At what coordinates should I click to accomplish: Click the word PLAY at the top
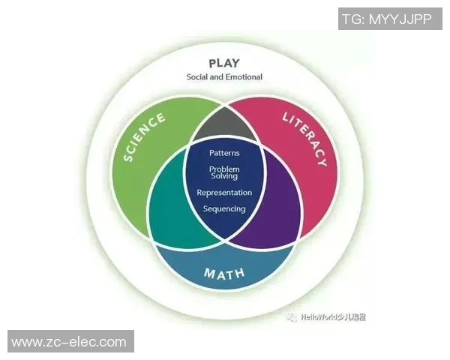click(224, 63)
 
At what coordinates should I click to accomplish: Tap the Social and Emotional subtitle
click(224, 76)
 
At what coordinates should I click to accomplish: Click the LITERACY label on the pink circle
click(304, 138)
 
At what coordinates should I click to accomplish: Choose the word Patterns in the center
click(224, 153)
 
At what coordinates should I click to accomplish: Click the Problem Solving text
click(224, 172)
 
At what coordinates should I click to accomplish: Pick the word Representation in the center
click(224, 193)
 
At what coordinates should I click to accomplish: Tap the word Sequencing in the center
click(224, 208)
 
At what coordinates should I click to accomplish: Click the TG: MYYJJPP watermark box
click(385, 19)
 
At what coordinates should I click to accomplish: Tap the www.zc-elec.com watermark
click(69, 342)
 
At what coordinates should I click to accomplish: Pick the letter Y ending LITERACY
click(322, 160)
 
